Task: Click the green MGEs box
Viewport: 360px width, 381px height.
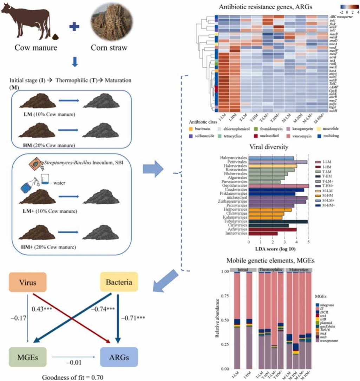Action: pyautogui.click(x=27, y=356)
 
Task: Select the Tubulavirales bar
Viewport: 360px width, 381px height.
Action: pyautogui.click(x=278, y=221)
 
